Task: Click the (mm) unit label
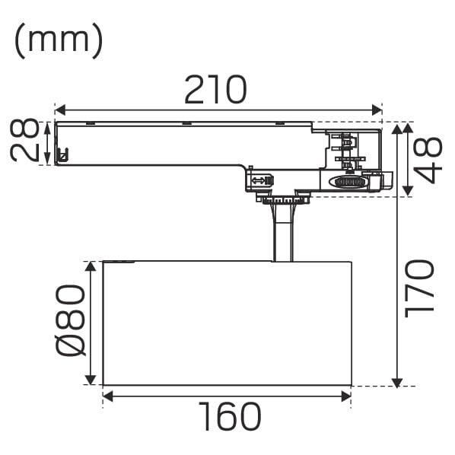59,40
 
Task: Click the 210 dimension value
215,90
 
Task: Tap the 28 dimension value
24,140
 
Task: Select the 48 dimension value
428,160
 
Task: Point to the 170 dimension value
419,288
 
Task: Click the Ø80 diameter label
71,320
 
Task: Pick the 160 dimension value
230,417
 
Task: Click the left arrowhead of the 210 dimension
60,110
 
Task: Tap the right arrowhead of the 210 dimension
377,110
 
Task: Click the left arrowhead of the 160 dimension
107,396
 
